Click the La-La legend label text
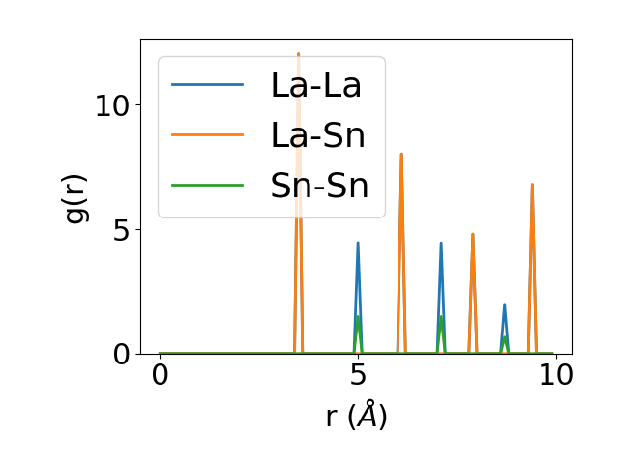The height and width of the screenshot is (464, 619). [315, 85]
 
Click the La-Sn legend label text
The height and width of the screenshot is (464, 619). [317, 135]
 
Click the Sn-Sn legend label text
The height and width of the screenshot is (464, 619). [319, 186]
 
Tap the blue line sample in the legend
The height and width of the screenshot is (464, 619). [207, 85]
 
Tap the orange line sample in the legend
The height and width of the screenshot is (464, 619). [207, 135]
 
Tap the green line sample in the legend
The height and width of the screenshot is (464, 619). [207, 186]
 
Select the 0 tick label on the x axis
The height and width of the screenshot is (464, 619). [161, 378]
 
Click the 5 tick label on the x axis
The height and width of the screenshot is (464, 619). [358, 378]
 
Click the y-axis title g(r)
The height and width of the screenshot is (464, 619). [76, 196]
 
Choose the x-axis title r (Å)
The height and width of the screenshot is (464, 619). [356, 416]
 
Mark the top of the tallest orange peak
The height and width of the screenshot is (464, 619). [298, 54]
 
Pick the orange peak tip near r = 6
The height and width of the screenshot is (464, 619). [401, 154]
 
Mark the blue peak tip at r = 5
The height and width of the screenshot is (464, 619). [358, 243]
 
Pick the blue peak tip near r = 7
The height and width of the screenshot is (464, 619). [441, 243]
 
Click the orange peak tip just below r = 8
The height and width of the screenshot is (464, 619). [473, 234]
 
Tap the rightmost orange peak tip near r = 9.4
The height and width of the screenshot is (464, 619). [532, 184]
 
